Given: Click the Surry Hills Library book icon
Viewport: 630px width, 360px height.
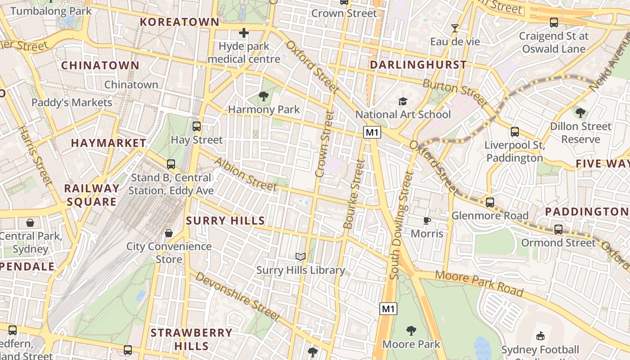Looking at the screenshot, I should coord(300,256).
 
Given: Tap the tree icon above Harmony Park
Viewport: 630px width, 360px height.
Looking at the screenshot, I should coord(263,96).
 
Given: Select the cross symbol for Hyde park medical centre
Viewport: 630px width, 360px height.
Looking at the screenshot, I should coord(244,33).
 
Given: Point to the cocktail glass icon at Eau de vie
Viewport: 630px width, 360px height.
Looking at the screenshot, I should coord(455,28).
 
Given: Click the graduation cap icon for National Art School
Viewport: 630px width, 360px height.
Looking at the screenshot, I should coord(402,101).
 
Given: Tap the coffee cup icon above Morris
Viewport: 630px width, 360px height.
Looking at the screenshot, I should coord(427,220).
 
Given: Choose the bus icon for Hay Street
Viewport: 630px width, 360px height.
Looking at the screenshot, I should coord(197,126).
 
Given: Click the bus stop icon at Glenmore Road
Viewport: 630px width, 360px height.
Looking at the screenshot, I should coord(490,202).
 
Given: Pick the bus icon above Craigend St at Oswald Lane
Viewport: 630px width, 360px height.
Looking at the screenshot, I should coord(554,22).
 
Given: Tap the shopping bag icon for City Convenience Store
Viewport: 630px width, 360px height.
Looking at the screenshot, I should coord(169,233).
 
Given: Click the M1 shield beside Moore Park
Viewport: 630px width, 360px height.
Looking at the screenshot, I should coord(388,309).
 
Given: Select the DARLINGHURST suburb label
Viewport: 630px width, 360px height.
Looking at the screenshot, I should coord(418,65).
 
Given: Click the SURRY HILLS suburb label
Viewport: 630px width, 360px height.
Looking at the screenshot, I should coord(225,220).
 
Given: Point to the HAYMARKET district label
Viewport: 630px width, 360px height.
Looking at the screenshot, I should coord(108,143).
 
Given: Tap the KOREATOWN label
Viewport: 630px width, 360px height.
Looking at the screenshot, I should coord(180,22).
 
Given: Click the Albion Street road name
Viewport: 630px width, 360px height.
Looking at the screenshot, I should coord(245,174).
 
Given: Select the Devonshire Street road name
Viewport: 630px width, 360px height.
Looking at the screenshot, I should coord(238,297).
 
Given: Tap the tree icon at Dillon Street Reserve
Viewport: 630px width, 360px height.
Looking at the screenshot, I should coord(580,112).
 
